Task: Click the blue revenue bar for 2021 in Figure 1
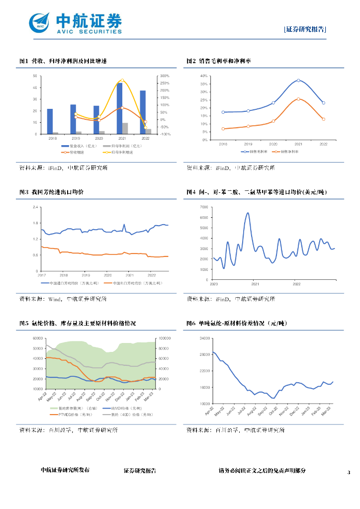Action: pos(119,108)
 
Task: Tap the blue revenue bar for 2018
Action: pos(50,121)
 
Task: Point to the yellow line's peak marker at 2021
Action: pos(122,80)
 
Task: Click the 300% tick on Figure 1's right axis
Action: pos(165,76)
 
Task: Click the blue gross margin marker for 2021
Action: pos(298,80)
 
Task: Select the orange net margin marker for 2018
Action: pos(223,129)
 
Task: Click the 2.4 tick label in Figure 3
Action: pos(35,207)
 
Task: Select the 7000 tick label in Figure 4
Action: pos(203,207)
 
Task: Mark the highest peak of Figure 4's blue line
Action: pos(248,213)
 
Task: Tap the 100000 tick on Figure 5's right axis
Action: pos(165,338)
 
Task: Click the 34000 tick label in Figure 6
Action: pos(204,338)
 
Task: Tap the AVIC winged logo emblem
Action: pos(39,22)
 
